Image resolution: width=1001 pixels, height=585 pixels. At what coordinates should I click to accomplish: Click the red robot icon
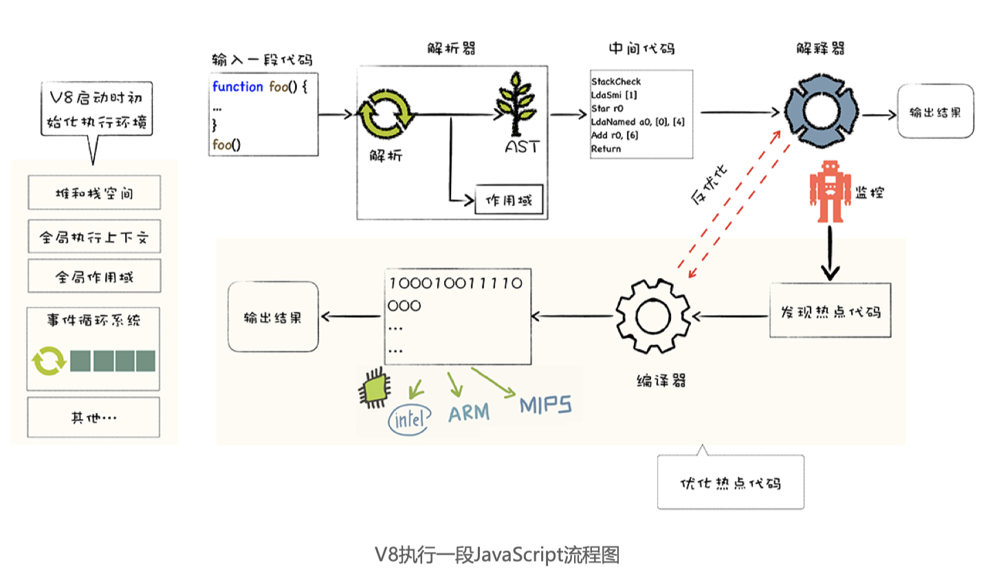(x=830, y=192)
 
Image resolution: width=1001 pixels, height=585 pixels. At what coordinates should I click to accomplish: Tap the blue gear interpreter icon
(x=820, y=112)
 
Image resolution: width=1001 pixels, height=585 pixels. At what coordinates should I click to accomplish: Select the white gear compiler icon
(x=653, y=317)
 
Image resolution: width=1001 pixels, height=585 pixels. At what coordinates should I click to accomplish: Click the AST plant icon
(x=516, y=105)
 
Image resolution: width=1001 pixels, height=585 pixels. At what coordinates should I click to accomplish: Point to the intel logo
(x=409, y=418)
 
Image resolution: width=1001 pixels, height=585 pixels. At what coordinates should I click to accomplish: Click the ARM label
(x=469, y=413)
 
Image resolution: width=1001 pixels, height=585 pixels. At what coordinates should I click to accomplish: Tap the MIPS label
(x=545, y=405)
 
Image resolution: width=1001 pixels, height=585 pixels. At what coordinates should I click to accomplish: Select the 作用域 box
(x=509, y=200)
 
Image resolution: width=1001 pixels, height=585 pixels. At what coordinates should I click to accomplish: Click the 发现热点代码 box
(x=830, y=311)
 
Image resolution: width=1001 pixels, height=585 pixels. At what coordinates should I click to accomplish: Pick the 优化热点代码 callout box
(x=730, y=482)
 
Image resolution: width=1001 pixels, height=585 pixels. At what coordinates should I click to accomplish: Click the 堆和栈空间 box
(x=94, y=193)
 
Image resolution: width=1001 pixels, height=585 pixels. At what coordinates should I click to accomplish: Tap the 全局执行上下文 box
(x=94, y=237)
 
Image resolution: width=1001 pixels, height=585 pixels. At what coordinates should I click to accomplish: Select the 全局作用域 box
(x=94, y=277)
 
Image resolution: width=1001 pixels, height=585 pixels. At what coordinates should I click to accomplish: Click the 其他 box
(x=93, y=417)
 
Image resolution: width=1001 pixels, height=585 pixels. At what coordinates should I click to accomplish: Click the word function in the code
(x=237, y=87)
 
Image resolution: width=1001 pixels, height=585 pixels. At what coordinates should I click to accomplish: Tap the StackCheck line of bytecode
(x=616, y=81)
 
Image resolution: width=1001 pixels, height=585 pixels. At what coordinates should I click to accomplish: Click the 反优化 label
(x=708, y=184)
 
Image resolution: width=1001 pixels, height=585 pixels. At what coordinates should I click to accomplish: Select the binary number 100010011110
(x=456, y=284)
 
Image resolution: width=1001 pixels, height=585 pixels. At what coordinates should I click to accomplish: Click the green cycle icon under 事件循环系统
(x=49, y=361)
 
